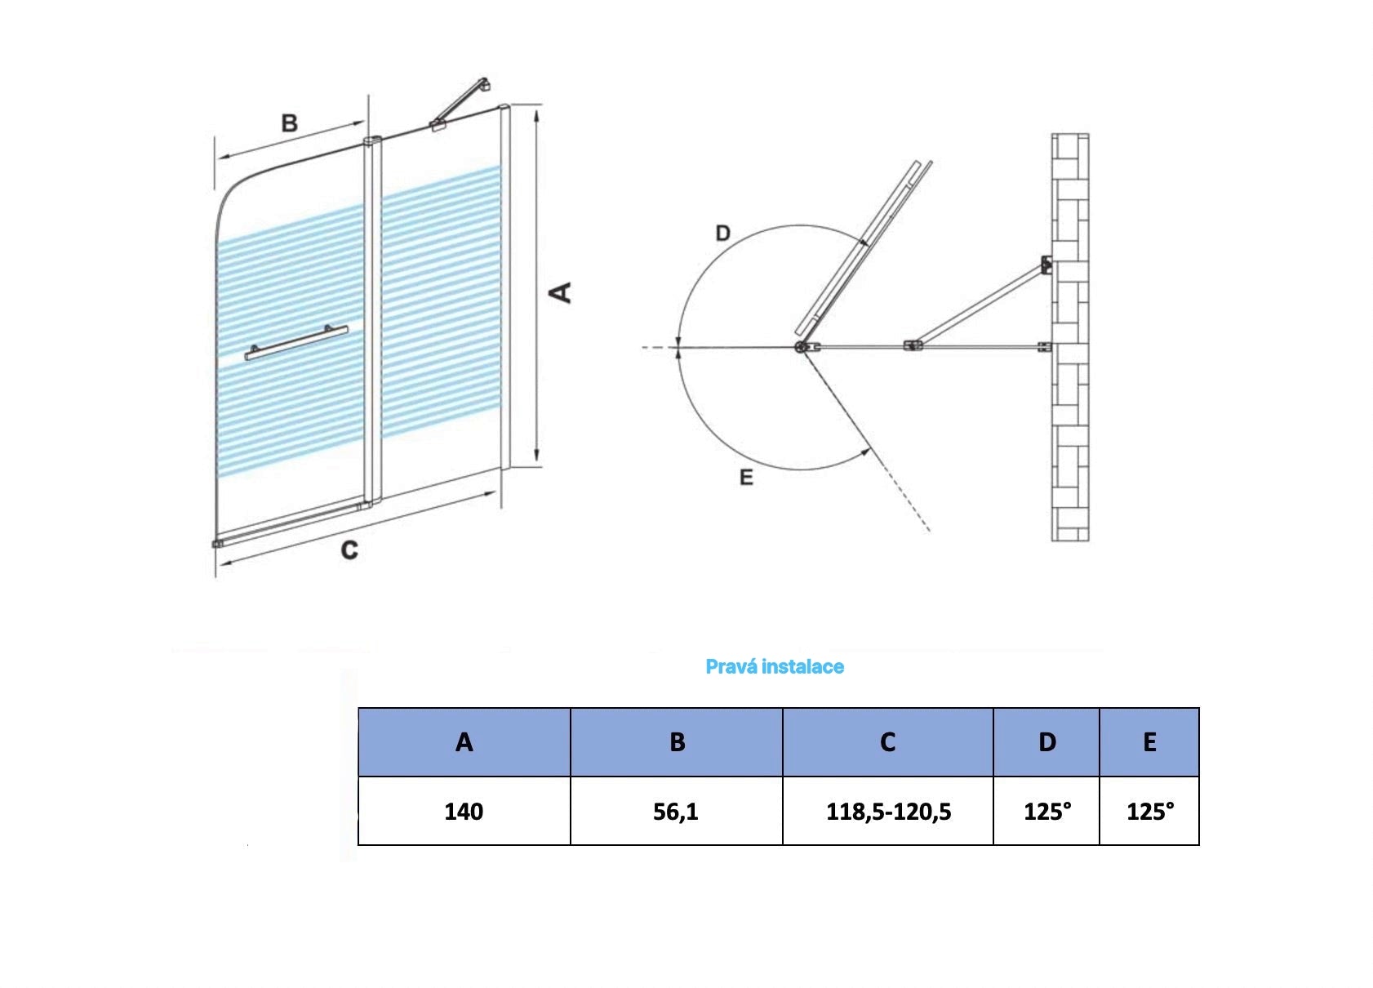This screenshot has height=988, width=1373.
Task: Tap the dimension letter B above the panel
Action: tap(289, 123)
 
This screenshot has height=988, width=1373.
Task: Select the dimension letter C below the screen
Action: tap(349, 550)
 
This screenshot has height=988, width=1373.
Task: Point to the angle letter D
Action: tap(722, 234)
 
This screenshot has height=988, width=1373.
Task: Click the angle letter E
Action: tap(746, 478)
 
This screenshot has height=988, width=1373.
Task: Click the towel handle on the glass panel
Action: tap(296, 342)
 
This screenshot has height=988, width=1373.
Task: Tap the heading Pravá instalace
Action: tap(774, 666)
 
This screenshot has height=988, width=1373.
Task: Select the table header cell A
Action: tap(464, 742)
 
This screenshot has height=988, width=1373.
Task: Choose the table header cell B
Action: tap(676, 742)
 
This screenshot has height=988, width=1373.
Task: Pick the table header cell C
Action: tap(887, 742)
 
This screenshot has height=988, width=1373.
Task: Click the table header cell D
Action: tap(1046, 742)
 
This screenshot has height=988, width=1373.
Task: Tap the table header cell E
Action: tap(1149, 742)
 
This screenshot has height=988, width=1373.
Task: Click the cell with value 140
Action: tap(464, 811)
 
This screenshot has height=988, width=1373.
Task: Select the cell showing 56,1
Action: tap(676, 811)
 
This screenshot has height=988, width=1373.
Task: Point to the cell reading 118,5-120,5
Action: tap(888, 811)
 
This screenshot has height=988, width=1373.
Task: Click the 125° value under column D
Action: tap(1046, 811)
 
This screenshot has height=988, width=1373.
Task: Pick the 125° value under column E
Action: tap(1149, 811)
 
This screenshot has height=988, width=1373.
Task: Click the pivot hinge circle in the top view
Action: tap(801, 348)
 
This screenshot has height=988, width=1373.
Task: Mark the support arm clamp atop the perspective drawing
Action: tap(439, 125)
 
